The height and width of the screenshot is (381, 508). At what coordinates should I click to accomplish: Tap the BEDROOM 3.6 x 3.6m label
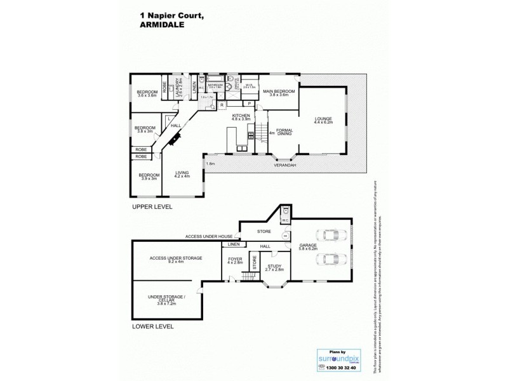[x=147, y=94]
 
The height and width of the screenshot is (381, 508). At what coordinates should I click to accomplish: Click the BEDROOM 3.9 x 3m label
[x=150, y=177]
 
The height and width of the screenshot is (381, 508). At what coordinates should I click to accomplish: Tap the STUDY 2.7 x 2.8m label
[x=274, y=268]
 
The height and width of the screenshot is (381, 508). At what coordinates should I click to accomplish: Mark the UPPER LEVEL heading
[x=152, y=207]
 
